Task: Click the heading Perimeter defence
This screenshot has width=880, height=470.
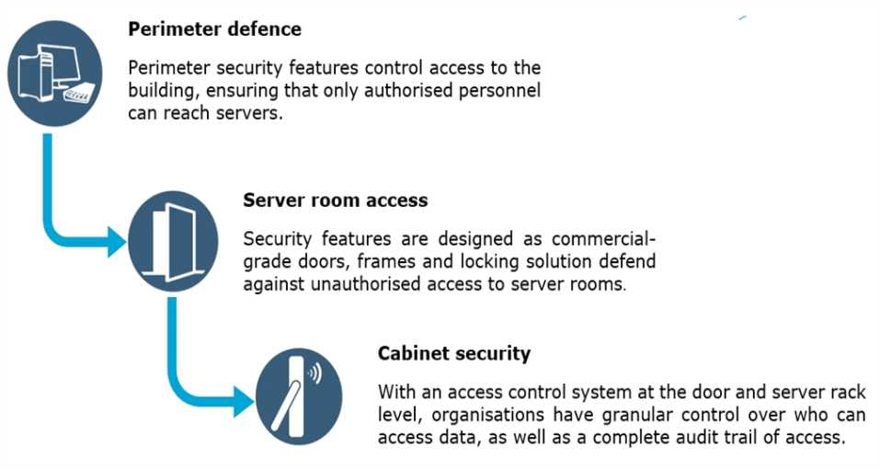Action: click(x=214, y=29)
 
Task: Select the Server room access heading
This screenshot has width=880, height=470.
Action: click(x=335, y=200)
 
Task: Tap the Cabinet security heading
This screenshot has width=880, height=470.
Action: click(x=453, y=353)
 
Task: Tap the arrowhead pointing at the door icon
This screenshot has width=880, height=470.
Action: click(x=116, y=242)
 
